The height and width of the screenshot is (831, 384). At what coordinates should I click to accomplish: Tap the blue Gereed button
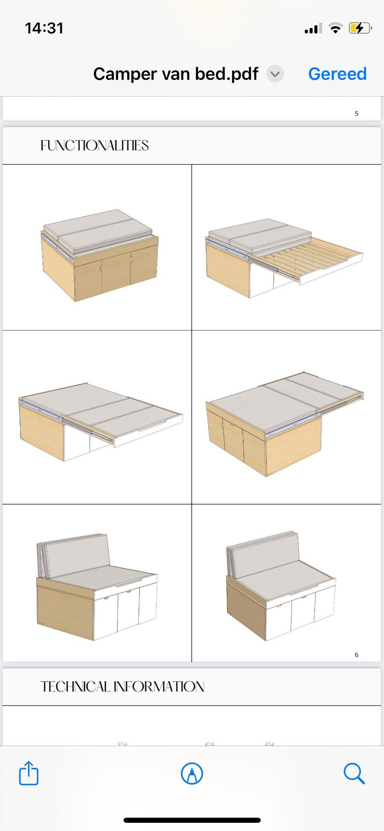pos(337,74)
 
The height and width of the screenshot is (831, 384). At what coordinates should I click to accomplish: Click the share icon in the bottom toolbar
pos(29,773)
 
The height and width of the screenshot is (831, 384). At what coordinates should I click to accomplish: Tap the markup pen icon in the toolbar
pos(192,773)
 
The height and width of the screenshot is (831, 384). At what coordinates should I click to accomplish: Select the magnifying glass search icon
pos(354,773)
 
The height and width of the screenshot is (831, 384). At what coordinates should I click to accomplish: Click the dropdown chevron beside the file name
pos(275,74)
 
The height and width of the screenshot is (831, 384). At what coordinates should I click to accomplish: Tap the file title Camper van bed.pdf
pos(176,74)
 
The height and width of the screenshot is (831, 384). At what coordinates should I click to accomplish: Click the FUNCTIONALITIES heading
pos(94,146)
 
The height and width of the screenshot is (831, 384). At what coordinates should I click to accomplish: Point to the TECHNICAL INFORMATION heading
pos(122,686)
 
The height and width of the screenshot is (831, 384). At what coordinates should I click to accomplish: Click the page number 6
pos(356,655)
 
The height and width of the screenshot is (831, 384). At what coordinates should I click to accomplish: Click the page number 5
pos(356,114)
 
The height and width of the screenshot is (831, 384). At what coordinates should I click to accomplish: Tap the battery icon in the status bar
pos(359,29)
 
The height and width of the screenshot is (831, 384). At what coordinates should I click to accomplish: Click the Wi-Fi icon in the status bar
pos(335,29)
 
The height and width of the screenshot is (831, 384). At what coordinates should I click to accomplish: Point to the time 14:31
pos(44,29)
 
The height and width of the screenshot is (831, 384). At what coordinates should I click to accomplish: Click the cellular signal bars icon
pos(313,29)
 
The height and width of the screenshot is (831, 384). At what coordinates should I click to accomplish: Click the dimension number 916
pos(122,744)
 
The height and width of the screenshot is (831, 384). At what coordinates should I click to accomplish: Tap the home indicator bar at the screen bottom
pos(192,820)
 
